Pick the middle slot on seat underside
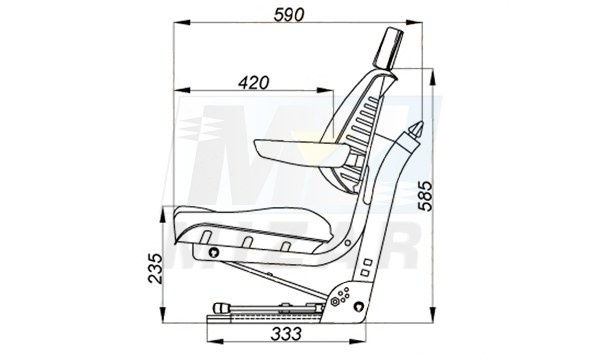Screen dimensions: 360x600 245,244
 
